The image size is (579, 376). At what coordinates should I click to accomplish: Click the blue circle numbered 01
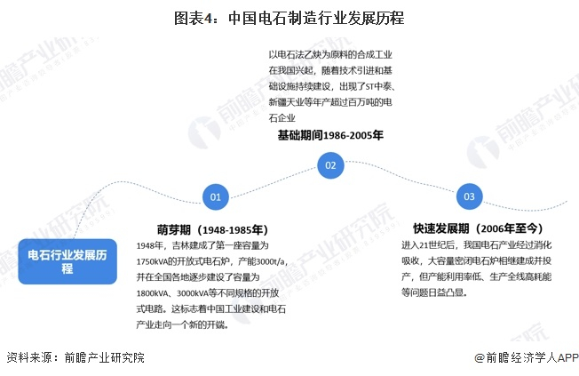coord(215,196)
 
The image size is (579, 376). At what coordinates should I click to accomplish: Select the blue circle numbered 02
coord(330,165)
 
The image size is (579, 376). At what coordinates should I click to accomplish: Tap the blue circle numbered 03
coord(469,196)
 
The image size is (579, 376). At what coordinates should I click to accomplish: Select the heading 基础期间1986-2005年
coord(330,135)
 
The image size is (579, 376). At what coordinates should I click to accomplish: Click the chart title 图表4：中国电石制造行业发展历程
coord(289,17)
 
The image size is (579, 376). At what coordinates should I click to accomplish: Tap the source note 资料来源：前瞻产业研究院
coord(75,357)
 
